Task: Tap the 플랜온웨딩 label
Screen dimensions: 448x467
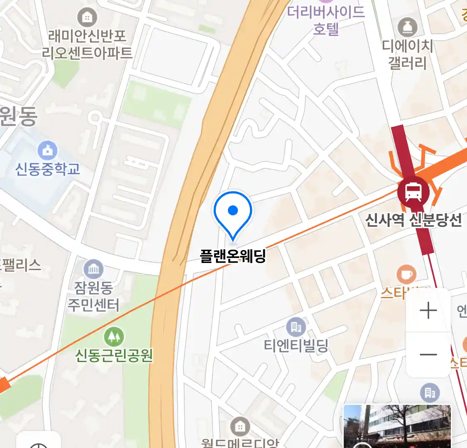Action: point(233,256)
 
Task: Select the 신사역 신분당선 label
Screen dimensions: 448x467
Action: point(413,220)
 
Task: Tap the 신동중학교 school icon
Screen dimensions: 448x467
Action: point(48,151)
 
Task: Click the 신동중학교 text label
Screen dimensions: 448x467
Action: point(48,169)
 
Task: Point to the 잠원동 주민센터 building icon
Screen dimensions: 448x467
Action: point(94,269)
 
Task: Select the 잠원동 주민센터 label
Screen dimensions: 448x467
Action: point(94,296)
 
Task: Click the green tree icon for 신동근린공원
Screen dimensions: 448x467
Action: point(114,336)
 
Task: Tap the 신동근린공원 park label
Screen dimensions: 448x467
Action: point(114,355)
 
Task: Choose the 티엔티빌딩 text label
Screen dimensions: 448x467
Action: point(296,345)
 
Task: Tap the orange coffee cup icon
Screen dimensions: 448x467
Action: point(406,274)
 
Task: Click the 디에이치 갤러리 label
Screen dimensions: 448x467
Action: point(407,54)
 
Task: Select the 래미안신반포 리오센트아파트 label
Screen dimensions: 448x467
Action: point(87,44)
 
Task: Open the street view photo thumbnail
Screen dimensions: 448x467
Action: point(397,426)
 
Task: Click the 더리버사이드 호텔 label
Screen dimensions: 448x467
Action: point(326,20)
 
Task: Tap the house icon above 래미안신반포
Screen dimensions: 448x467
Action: point(87,17)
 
